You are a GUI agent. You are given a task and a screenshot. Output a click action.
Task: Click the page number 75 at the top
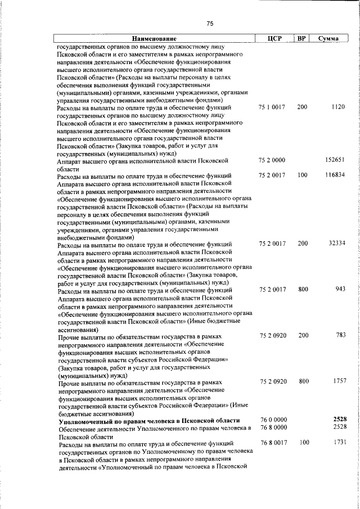[210, 24]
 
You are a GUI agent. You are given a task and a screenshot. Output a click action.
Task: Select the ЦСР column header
[275, 39]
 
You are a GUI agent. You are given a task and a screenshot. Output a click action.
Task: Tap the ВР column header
[302, 39]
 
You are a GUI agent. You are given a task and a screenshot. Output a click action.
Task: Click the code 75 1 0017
[273, 106]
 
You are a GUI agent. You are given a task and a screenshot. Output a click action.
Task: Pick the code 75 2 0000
[273, 160]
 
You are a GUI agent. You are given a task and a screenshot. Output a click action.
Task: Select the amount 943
[339, 289]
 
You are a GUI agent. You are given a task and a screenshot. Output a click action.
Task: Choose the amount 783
[339, 335]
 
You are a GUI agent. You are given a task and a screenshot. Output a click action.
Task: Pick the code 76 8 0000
[274, 428]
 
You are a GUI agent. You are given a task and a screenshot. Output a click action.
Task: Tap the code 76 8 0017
[274, 443]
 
